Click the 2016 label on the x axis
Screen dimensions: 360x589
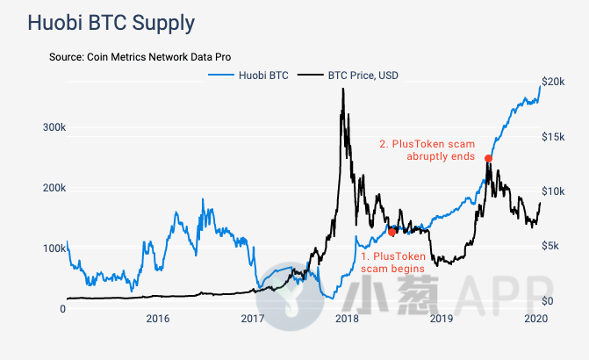pyautogui.click(x=158, y=319)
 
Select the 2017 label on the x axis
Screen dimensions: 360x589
pyautogui.click(x=253, y=319)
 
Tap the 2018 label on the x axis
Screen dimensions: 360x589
pyautogui.click(x=348, y=319)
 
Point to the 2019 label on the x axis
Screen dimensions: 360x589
pyautogui.click(x=442, y=319)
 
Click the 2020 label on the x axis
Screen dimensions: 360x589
pyautogui.click(x=535, y=319)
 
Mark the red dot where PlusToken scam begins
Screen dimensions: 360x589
pyautogui.click(x=392, y=232)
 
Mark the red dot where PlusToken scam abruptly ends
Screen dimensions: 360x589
pyautogui.click(x=488, y=158)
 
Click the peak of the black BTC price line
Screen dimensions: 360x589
pyautogui.click(x=342, y=90)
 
